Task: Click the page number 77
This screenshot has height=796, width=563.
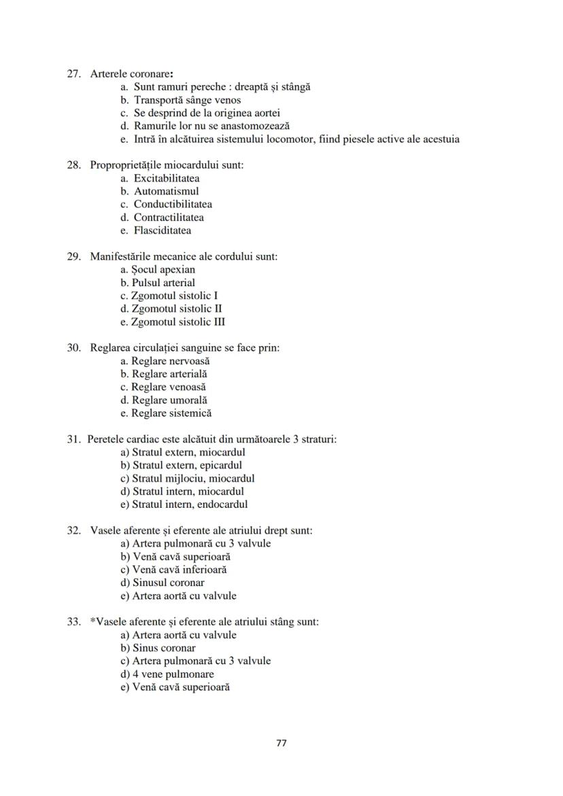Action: tap(281, 743)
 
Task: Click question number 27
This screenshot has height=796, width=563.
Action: tap(74, 73)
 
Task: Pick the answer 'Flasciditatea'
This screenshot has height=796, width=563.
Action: tap(162, 230)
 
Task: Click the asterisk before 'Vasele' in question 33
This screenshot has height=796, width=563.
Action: tap(92, 621)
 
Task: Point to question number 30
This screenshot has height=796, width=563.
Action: tap(74, 348)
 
